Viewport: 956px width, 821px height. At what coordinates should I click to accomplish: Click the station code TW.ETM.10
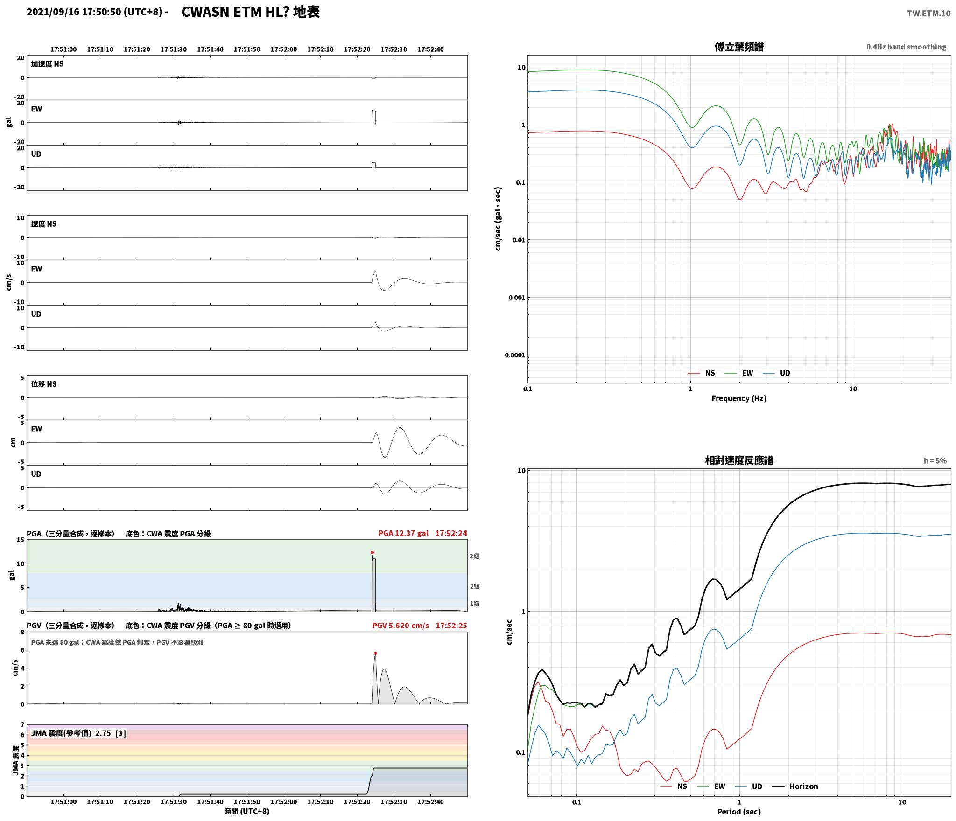(928, 14)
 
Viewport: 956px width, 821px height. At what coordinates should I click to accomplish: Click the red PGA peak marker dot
(372, 552)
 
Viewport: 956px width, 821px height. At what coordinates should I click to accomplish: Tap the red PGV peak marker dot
(375, 653)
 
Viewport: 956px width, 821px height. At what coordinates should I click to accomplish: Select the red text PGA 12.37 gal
(403, 533)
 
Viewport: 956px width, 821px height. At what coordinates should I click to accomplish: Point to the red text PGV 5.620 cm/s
(400, 626)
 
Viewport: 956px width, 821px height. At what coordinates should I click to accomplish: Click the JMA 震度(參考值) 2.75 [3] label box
(78, 733)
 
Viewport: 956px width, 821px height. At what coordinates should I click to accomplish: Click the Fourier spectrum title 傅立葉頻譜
(739, 47)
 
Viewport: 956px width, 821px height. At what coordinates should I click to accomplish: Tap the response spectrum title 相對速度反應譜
(739, 460)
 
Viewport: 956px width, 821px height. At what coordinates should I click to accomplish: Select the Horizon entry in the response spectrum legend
(795, 786)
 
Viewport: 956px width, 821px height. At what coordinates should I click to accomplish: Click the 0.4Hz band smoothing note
(906, 47)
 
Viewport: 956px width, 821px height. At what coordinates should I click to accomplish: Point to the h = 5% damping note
(935, 461)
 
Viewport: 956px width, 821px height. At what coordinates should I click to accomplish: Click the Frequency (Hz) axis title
(739, 398)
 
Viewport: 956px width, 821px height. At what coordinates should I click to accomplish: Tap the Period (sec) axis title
(739, 812)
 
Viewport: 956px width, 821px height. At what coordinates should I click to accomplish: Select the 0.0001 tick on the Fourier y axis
(515, 355)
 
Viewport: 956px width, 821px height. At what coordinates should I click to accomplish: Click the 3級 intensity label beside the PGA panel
(474, 556)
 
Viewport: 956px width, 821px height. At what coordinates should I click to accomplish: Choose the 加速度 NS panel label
(47, 64)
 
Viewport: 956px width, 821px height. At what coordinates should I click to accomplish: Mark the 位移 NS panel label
(43, 384)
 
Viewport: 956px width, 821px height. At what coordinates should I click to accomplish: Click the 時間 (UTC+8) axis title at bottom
(246, 811)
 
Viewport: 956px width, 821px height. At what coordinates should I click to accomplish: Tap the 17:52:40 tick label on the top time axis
(430, 49)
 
